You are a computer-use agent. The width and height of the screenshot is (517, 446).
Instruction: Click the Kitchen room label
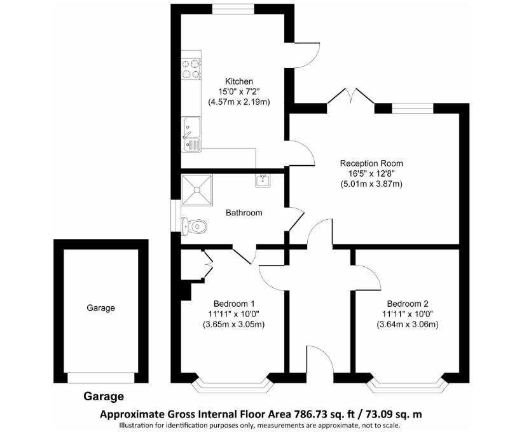[239, 81]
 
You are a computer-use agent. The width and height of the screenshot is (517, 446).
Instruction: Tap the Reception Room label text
[371, 163]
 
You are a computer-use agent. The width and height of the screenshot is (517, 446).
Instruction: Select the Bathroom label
[244, 213]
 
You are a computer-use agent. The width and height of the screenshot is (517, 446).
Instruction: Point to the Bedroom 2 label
[406, 303]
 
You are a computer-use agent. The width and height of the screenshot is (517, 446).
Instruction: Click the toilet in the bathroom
[195, 225]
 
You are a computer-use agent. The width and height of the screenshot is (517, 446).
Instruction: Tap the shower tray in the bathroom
[197, 190]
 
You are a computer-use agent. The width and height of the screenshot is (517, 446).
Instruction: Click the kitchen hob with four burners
[190, 69]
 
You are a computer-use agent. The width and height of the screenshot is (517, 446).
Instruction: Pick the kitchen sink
[191, 135]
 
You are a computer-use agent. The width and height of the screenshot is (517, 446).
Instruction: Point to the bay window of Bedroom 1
[232, 384]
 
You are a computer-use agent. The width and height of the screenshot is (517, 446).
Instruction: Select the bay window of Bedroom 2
[407, 384]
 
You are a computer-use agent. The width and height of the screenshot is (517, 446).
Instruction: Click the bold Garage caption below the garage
[104, 396]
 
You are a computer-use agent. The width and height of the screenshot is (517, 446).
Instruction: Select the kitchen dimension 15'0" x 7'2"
[239, 91]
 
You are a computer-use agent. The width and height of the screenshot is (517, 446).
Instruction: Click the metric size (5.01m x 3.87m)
[371, 184]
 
